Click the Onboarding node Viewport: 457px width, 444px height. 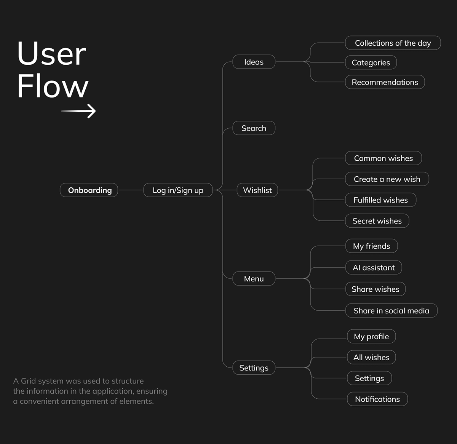pos(89,190)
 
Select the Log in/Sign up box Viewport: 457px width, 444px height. pos(178,190)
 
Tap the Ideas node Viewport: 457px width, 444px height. pos(254,62)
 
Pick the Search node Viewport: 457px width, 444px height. pos(254,128)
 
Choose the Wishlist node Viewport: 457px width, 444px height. pos(257,190)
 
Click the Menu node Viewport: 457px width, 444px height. pos(254,278)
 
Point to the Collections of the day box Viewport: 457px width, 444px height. pos(393,43)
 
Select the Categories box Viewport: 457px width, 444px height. pos(371,62)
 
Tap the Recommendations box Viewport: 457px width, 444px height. pos(385,82)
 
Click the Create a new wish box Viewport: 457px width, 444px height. pos(387,179)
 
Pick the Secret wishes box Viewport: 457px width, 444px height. pos(377,221)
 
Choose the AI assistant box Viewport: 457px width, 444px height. pos(374,267)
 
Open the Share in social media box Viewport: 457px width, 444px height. pos(391,310)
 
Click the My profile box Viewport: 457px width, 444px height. pos(371,336)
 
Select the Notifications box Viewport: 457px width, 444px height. pos(377,399)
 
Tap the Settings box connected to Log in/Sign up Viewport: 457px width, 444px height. pos(254,367)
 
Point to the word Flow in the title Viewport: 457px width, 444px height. pos(53,86)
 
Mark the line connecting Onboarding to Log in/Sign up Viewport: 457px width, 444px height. pos(131,190)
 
